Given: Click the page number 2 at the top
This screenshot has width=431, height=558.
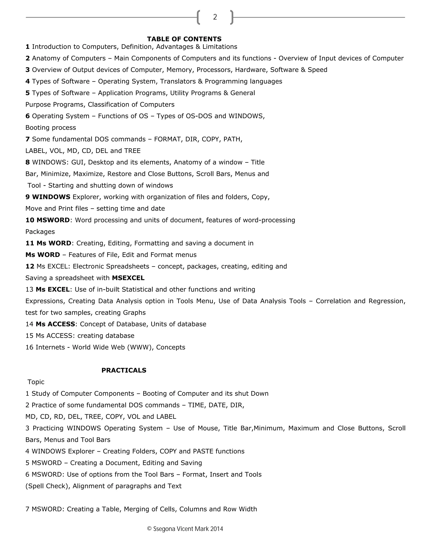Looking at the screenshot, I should coord(215,17).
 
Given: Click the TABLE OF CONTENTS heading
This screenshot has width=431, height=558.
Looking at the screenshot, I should coord(184,39).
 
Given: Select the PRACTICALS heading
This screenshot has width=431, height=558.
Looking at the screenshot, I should coord(124,370).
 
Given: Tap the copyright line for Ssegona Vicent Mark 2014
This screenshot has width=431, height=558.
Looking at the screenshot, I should coord(185,529).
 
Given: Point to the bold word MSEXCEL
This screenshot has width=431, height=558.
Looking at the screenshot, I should coord(128,278).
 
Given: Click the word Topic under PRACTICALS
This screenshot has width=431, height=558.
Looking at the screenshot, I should coord(36,382).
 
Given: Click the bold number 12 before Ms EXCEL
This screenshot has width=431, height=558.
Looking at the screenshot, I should coord(30,267).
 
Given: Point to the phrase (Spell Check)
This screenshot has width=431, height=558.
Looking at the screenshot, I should coord(48,486).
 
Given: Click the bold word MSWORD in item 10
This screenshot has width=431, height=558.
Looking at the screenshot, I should coord(53,220).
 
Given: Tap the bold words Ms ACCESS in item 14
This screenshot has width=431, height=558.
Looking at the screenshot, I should coord(55,324).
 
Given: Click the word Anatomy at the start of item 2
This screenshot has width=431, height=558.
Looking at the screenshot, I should coord(46,59).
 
